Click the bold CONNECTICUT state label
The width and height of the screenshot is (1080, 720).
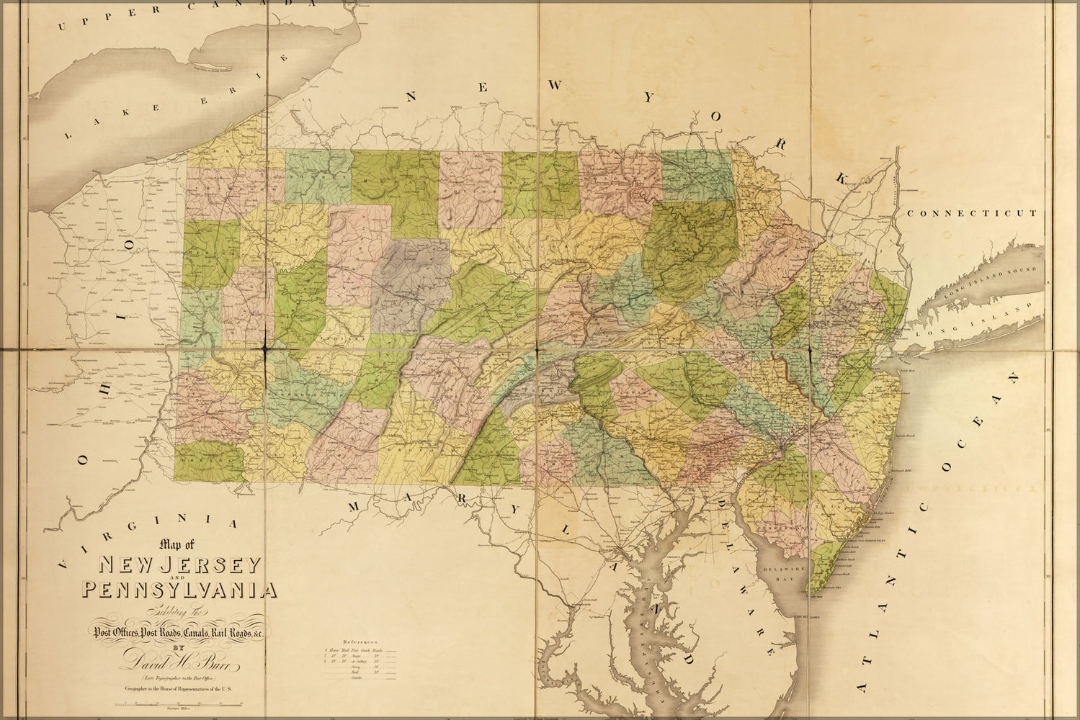click(x=971, y=213)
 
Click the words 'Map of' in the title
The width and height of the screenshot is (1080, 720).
click(x=171, y=545)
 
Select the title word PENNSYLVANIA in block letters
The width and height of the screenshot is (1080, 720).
click(x=179, y=590)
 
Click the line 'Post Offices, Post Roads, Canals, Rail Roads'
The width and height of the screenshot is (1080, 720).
click(x=180, y=632)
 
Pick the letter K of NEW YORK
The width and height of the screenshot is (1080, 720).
click(x=840, y=177)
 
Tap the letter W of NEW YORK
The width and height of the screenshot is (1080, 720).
click(x=555, y=86)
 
